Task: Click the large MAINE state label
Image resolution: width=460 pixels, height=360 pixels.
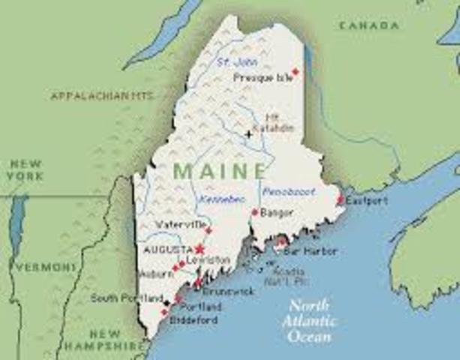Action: (219, 170)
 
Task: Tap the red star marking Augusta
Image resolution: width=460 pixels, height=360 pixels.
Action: (200, 248)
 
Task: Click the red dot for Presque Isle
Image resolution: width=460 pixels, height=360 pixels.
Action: (295, 72)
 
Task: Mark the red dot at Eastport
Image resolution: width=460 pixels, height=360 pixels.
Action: (340, 200)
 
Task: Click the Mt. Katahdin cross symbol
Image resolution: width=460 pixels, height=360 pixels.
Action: (248, 135)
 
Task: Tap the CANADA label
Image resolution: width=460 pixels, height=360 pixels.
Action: (368, 26)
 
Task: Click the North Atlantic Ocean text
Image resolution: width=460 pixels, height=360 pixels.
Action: (310, 321)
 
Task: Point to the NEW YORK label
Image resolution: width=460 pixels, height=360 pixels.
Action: (25, 169)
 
